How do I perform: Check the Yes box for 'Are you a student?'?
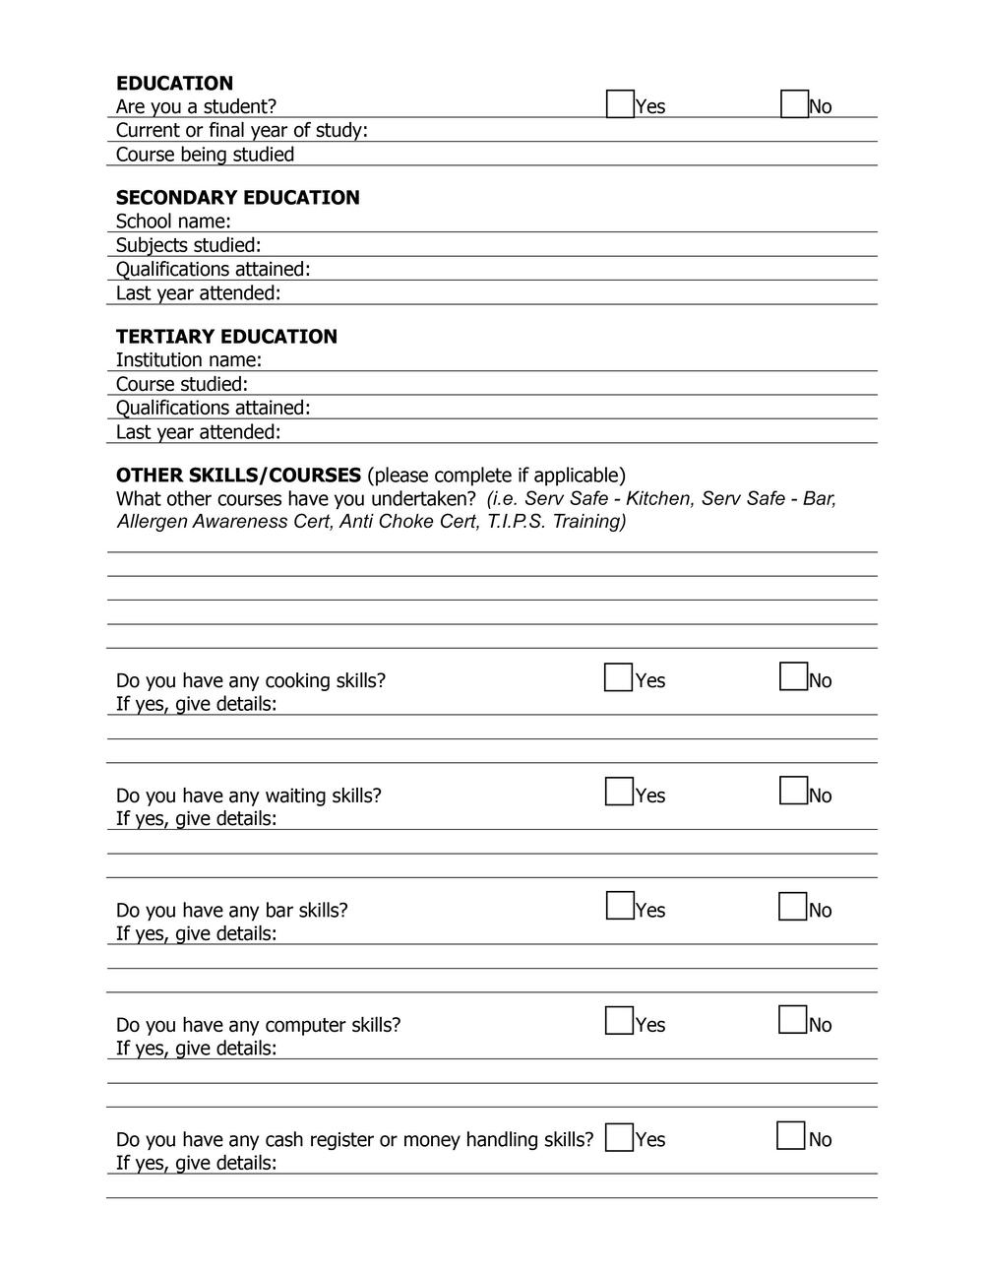(620, 103)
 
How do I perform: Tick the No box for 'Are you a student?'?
(794, 103)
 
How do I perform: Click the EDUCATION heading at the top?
(174, 83)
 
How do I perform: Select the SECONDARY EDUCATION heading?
(237, 197)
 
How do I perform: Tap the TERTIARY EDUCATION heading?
(226, 336)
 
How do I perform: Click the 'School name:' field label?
(173, 222)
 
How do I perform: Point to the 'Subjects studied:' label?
(188, 245)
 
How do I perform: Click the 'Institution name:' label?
(188, 360)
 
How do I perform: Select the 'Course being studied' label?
(205, 155)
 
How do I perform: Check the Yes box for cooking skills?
(618, 677)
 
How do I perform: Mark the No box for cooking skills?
(793, 676)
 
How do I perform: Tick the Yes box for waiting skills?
(619, 792)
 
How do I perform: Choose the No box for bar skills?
(792, 906)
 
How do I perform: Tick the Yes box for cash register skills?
(619, 1137)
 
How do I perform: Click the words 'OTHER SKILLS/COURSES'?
(238, 476)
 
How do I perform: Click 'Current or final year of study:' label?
(241, 130)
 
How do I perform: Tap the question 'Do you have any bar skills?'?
(231, 910)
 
